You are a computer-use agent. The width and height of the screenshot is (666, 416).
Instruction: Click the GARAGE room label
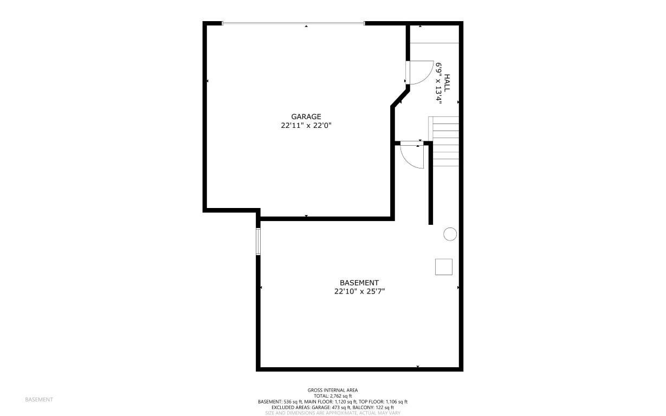pyautogui.click(x=306, y=116)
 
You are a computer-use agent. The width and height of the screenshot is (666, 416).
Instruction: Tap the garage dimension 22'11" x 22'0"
pyautogui.click(x=306, y=125)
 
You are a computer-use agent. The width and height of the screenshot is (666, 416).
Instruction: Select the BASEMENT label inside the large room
pyautogui.click(x=359, y=283)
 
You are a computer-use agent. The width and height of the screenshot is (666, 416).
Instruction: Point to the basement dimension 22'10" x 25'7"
pyautogui.click(x=359, y=291)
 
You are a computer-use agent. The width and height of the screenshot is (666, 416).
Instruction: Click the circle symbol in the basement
pyautogui.click(x=450, y=234)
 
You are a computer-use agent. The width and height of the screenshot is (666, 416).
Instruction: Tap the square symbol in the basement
pyautogui.click(x=443, y=266)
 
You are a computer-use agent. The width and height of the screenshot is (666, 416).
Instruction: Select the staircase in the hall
pyautogui.click(x=444, y=141)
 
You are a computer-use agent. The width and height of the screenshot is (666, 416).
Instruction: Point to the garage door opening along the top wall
pyautogui.click(x=293, y=23)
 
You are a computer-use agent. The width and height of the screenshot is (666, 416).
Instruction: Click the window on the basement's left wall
pyautogui.click(x=258, y=241)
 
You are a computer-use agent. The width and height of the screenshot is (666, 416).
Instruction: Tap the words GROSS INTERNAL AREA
pyautogui.click(x=333, y=390)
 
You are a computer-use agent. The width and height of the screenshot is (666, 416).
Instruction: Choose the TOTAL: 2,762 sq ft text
pyautogui.click(x=333, y=396)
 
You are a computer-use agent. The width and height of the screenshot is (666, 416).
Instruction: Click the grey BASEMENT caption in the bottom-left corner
pyautogui.click(x=39, y=400)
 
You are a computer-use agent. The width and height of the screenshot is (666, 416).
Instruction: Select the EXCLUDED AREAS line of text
pyautogui.click(x=333, y=407)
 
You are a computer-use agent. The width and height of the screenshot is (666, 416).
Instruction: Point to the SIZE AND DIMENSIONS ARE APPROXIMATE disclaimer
pyautogui.click(x=333, y=413)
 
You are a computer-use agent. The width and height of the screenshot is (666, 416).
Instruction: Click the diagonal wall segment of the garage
pyautogui.click(x=400, y=98)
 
